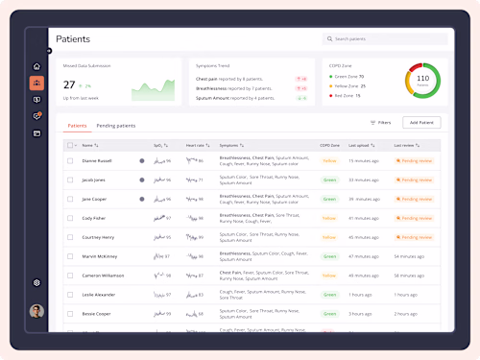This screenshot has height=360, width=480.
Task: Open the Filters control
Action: point(380,123)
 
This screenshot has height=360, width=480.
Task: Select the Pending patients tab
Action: point(116,126)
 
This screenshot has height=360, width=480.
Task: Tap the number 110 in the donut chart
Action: point(422,78)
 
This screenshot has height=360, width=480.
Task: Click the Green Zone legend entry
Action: point(347,75)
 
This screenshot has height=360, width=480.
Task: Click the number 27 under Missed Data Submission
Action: point(69,84)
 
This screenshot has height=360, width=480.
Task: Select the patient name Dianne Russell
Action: point(97,160)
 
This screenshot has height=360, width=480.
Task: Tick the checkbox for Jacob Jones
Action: point(70,180)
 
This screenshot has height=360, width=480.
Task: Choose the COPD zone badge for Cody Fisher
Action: point(329,218)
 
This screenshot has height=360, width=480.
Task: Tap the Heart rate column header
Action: point(196,145)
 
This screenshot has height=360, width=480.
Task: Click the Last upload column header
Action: point(362,145)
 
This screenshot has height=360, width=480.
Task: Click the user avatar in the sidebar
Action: point(36,311)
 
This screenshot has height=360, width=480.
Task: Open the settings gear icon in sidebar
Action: point(36,282)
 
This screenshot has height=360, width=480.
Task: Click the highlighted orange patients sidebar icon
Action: point(36,84)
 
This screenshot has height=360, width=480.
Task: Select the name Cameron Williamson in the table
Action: point(104,276)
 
